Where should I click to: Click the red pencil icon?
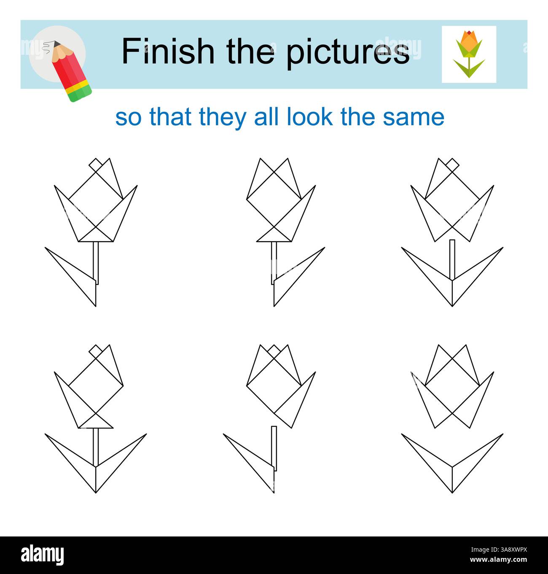point(70,70)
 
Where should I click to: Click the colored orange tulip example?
point(469,54)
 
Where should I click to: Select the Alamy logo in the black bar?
point(43,555)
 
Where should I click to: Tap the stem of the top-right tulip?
point(452,259)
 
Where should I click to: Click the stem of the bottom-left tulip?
point(96,447)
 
